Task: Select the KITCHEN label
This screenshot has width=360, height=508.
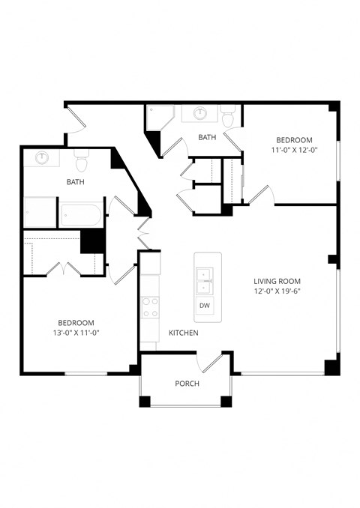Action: click(x=183, y=332)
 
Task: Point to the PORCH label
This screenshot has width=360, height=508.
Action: click(x=186, y=384)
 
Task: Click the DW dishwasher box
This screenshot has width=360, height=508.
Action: click(x=204, y=306)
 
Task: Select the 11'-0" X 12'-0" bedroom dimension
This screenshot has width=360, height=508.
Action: click(x=294, y=151)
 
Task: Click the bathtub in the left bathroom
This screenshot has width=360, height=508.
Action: click(x=82, y=215)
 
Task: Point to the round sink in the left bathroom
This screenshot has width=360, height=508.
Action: click(x=43, y=158)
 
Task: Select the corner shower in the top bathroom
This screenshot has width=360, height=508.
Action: click(x=159, y=116)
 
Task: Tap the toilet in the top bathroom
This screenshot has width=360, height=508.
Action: click(x=229, y=116)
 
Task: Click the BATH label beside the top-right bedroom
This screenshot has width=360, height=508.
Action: click(x=207, y=137)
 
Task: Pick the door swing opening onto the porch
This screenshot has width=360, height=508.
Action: click(x=212, y=363)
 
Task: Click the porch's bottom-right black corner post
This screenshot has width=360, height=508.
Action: click(x=226, y=401)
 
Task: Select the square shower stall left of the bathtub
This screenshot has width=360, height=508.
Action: click(x=39, y=212)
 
